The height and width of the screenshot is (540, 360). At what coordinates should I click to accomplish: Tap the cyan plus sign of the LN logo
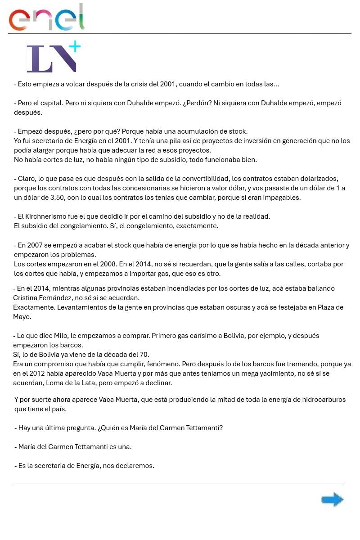tap(75, 46)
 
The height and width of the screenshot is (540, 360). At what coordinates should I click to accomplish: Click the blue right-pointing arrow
tap(332, 499)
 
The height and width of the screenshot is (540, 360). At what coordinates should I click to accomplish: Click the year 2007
tap(35, 245)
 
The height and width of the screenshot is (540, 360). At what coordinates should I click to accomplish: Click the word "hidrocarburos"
tap(324, 400)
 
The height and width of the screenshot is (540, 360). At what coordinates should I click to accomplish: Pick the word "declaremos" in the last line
tap(135, 466)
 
